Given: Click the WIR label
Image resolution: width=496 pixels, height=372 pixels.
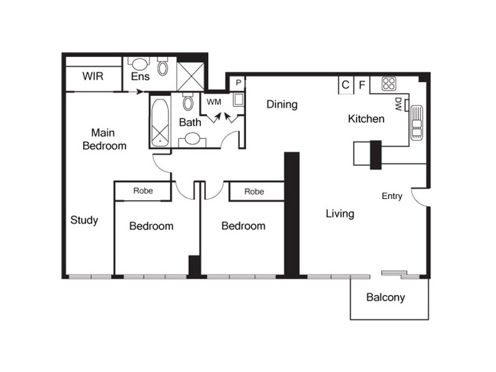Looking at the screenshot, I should pyautogui.click(x=92, y=77).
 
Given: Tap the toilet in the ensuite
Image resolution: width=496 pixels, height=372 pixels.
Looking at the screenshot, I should pyautogui.click(x=163, y=66).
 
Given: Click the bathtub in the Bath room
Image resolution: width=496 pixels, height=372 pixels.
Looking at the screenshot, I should pyautogui.click(x=161, y=122).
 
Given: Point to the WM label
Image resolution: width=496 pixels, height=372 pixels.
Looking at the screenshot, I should pyautogui.click(x=214, y=100).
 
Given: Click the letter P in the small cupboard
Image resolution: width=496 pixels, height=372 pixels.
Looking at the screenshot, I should pyautogui.click(x=238, y=81).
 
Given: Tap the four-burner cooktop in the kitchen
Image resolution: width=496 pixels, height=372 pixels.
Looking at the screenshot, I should pyautogui.click(x=389, y=84).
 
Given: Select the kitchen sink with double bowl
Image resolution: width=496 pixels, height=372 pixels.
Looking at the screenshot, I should pyautogui.click(x=415, y=122).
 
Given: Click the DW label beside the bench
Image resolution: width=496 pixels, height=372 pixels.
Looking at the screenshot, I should pyautogui.click(x=397, y=104).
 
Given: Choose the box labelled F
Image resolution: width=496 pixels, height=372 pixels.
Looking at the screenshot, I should pyautogui.click(x=362, y=85).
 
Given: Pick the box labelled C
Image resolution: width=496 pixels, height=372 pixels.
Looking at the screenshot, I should pyautogui.click(x=345, y=85).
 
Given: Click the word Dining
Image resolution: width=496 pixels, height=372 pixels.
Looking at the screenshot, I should pyautogui.click(x=282, y=104).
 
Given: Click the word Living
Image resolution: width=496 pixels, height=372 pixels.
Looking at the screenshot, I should pyautogui.click(x=340, y=214).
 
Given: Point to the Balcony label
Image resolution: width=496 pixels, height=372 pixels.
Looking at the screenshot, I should pyautogui.click(x=385, y=298).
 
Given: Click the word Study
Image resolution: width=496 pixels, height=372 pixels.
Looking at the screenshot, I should pyautogui.click(x=84, y=220).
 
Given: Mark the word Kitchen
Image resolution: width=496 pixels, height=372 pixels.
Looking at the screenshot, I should pyautogui.click(x=366, y=118).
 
